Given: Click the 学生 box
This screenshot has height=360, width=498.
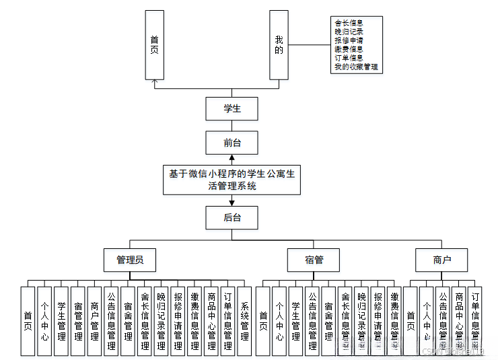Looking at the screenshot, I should [x=232, y=108].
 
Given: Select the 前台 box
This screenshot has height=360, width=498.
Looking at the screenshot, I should [x=232, y=143].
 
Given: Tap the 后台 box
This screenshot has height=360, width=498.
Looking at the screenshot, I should [x=232, y=217].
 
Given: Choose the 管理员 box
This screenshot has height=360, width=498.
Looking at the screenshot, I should [x=130, y=260].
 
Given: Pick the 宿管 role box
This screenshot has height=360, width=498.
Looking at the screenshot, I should [x=314, y=260].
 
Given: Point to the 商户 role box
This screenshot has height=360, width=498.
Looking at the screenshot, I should [x=442, y=260].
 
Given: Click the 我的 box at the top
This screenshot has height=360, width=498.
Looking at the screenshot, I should [x=279, y=45].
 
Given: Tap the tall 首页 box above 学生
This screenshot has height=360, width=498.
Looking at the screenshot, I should [x=155, y=45].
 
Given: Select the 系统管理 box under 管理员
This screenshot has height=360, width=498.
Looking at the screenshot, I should [x=244, y=321].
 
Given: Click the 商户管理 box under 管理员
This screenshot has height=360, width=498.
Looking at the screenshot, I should [x=94, y=321].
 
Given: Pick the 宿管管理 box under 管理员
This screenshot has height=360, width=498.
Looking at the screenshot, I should [x=78, y=321].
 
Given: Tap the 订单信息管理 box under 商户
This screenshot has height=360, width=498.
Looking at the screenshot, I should [x=476, y=321].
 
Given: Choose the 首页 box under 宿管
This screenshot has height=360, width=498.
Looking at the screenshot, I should [x=262, y=321].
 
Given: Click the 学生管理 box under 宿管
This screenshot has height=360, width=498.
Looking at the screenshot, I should [x=295, y=321].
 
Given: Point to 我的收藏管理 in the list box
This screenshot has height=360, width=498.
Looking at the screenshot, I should [x=356, y=67].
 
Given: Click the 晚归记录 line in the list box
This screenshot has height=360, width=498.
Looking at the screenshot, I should [x=349, y=32].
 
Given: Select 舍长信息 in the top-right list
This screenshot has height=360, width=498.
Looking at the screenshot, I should [x=349, y=23].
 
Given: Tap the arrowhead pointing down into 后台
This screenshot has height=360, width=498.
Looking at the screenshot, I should [x=232, y=203].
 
